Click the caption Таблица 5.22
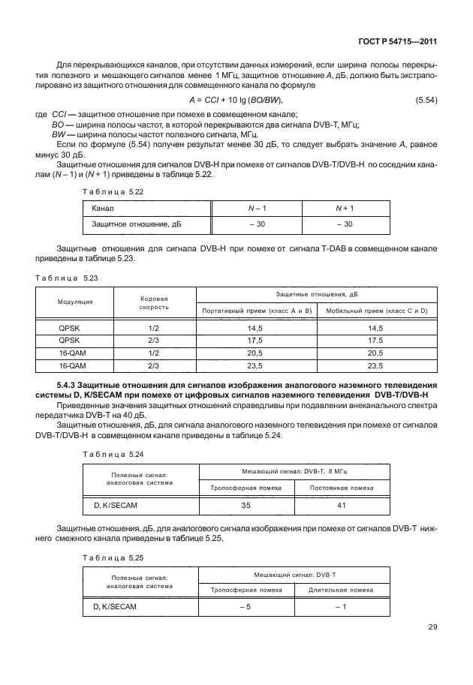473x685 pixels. [x=107, y=192]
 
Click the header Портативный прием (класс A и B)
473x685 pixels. [x=255, y=310]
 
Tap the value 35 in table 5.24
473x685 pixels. [x=246, y=506]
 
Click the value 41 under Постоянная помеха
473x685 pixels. [x=341, y=506]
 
